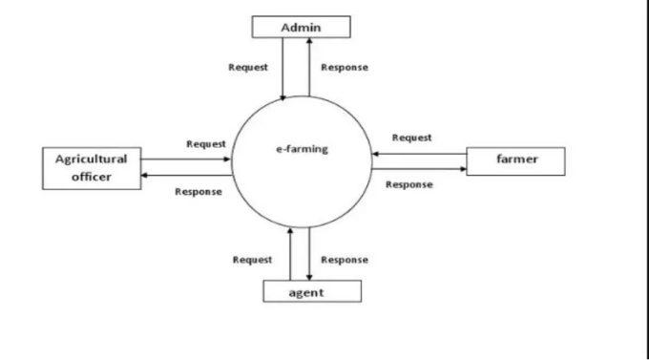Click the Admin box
301,27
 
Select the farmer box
515,160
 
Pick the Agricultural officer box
91,167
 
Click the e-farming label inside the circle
302,150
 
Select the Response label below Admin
345,68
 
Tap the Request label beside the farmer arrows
411,138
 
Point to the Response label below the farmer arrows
409,184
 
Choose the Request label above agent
253,260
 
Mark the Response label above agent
345,260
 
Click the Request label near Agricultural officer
206,144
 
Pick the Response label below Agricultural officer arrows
199,192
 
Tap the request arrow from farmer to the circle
420,153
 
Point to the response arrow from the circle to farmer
420,169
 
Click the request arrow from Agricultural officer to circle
187,159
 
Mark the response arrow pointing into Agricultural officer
187,176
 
